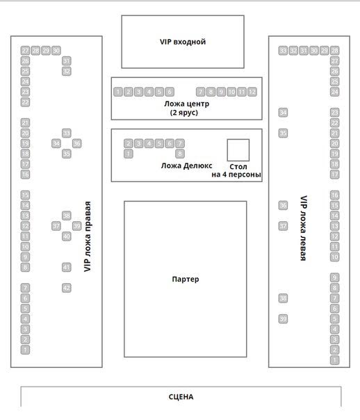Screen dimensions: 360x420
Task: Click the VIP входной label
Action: [183, 42]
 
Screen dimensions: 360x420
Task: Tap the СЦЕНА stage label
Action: [181, 396]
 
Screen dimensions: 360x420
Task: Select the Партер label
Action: [186, 280]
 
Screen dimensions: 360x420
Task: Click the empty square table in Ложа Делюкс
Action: [238, 150]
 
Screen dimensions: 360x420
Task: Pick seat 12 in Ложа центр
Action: [252, 92]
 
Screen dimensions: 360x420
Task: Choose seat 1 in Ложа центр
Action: [118, 92]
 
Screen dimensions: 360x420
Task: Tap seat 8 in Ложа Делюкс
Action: [180, 154]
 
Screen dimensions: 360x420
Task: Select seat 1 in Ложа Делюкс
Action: [129, 154]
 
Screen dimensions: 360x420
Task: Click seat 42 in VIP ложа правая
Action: [67, 288]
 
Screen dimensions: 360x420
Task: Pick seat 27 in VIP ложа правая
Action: [25, 51]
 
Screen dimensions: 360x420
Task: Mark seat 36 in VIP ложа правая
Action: [77, 143]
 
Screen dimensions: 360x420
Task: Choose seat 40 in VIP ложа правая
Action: [67, 236]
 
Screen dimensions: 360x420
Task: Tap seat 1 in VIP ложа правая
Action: [25, 350]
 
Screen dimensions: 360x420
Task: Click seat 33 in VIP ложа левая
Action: [283, 51]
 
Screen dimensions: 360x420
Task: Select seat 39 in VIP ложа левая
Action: [283, 318]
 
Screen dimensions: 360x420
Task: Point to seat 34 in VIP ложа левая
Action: [283, 113]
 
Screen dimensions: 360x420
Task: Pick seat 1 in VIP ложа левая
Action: [334, 360]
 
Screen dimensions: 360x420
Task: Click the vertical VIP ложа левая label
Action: [303, 228]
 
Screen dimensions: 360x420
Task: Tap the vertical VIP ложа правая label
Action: [88, 236]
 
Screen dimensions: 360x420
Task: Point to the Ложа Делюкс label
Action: [186, 165]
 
